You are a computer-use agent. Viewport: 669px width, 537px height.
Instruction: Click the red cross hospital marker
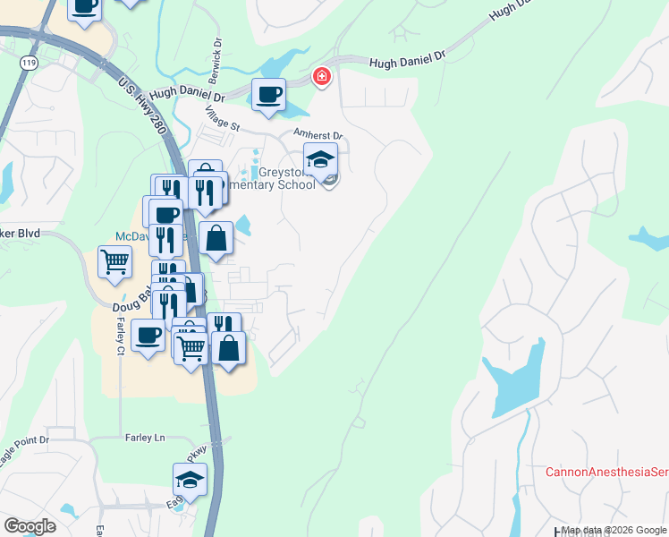pyautogui.click(x=321, y=78)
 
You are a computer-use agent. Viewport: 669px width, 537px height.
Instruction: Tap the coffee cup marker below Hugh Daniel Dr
pyautogui.click(x=268, y=95)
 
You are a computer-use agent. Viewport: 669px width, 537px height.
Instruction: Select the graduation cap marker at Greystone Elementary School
pyautogui.click(x=321, y=161)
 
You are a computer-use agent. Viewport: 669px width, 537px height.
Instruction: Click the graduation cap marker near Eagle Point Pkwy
pyautogui.click(x=190, y=482)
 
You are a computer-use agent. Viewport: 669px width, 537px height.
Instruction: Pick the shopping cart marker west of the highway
pyautogui.click(x=115, y=264)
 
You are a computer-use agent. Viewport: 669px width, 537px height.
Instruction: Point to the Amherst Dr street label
pyautogui.click(x=319, y=135)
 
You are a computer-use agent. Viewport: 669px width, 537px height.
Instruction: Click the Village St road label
pyautogui.click(x=223, y=120)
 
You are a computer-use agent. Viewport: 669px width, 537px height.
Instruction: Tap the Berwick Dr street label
pyautogui.click(x=216, y=55)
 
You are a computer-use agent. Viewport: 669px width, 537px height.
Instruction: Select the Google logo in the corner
pyautogui.click(x=30, y=526)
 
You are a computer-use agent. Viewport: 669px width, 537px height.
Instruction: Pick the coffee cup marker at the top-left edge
pyautogui.click(x=84, y=5)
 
